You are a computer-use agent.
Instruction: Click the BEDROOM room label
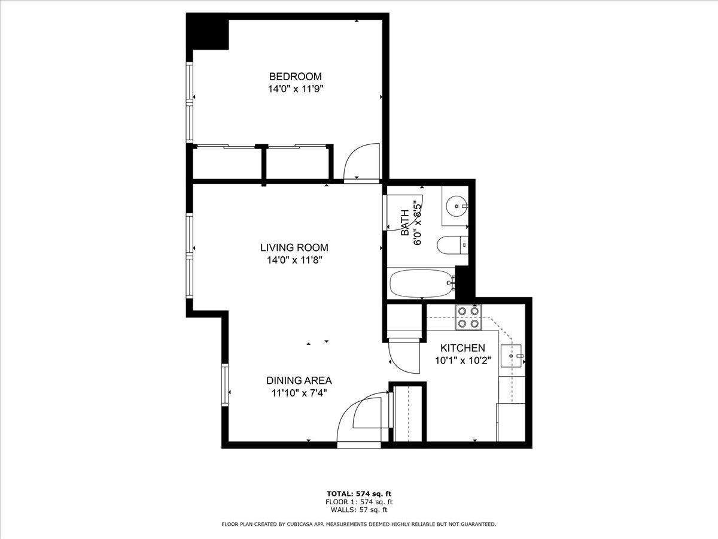(x=296, y=77)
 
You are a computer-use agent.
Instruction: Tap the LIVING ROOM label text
(x=294, y=247)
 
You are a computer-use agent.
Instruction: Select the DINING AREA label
(x=299, y=380)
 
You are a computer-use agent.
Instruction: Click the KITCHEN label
(x=463, y=348)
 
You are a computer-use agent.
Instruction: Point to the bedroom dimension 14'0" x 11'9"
(x=296, y=89)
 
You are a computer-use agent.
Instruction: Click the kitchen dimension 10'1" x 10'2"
(x=463, y=361)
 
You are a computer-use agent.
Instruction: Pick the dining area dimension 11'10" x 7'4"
(x=299, y=393)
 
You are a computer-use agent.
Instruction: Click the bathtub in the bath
(x=422, y=283)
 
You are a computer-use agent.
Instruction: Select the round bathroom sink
(x=457, y=206)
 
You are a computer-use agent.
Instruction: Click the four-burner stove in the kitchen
(x=468, y=317)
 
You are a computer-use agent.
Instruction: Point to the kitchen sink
(x=511, y=356)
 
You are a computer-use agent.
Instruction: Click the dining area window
(x=225, y=385)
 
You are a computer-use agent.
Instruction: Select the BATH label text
(x=405, y=223)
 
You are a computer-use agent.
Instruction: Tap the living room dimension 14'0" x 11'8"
(x=295, y=260)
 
